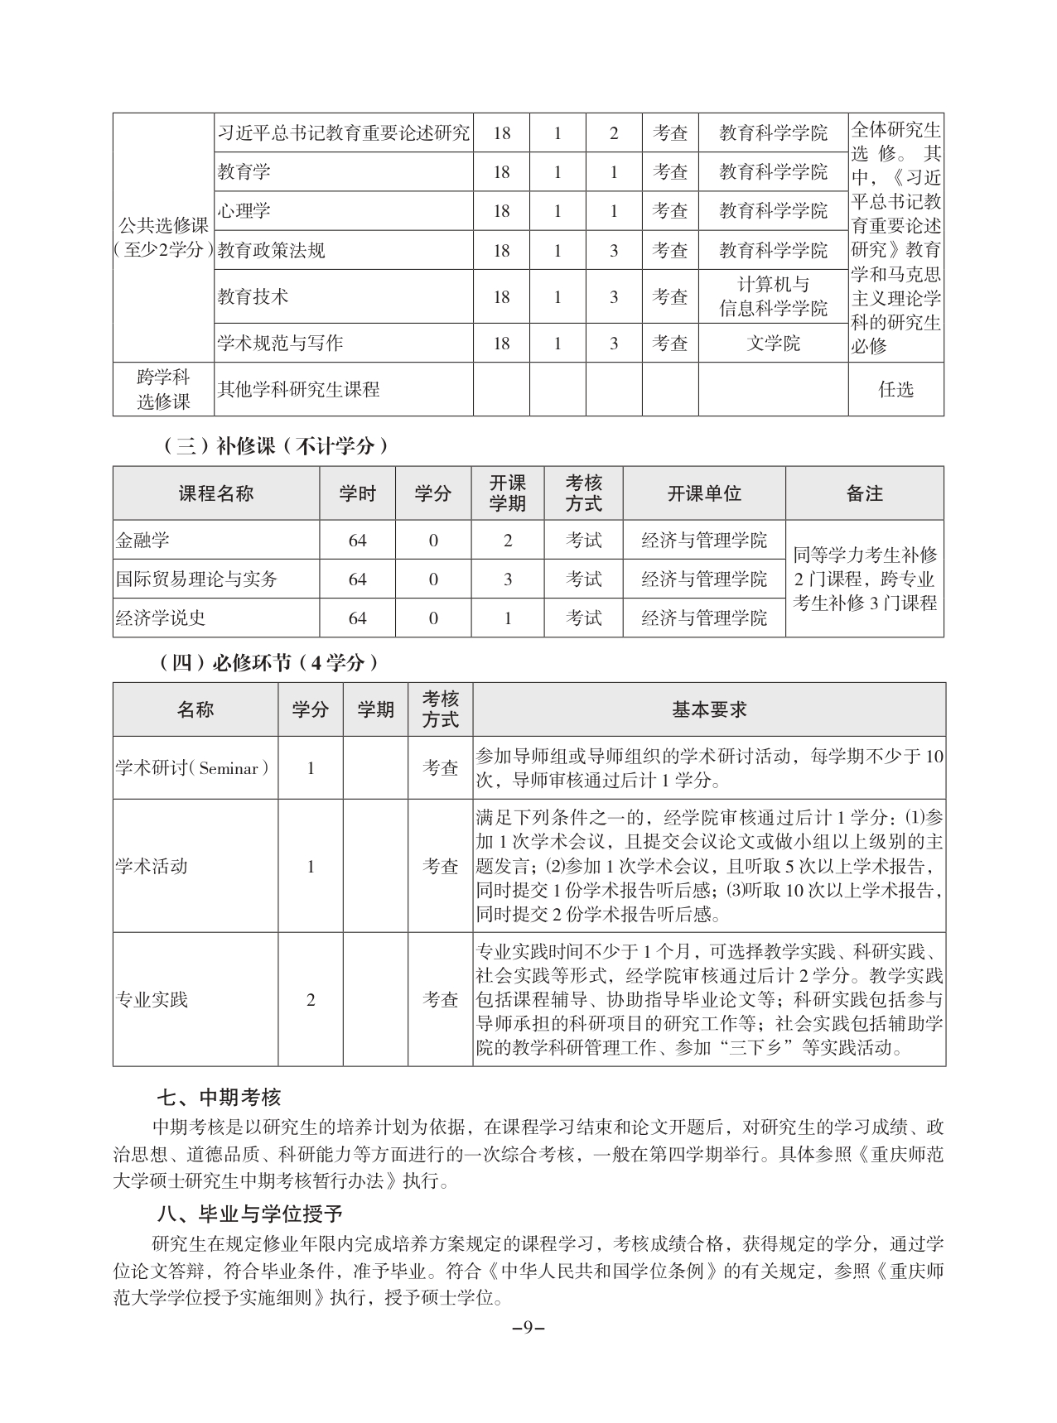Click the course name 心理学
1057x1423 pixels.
tap(244, 211)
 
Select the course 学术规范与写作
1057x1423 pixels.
tap(280, 343)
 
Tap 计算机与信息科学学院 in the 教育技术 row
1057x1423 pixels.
tap(773, 296)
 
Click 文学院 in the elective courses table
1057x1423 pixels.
tap(773, 343)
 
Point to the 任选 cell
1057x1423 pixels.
tap(895, 389)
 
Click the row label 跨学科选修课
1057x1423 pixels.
tap(163, 389)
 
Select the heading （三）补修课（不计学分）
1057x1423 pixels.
tap(273, 446)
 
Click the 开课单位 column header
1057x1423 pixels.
tap(704, 493)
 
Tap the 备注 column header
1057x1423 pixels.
tap(864, 493)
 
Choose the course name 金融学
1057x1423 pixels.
tap(142, 541)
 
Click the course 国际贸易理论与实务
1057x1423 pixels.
tap(196, 579)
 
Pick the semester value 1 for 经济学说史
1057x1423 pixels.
tap(508, 618)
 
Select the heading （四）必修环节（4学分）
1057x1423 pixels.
tap(269, 662)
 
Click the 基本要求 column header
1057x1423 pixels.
tap(709, 709)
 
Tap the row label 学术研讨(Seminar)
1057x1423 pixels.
tap(194, 768)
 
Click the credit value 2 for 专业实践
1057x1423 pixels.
tap(311, 1000)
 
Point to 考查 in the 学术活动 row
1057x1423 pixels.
tap(441, 867)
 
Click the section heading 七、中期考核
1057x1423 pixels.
tap(220, 1098)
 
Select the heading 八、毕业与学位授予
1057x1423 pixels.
tap(249, 1214)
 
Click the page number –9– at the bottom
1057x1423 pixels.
tap(528, 1327)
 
